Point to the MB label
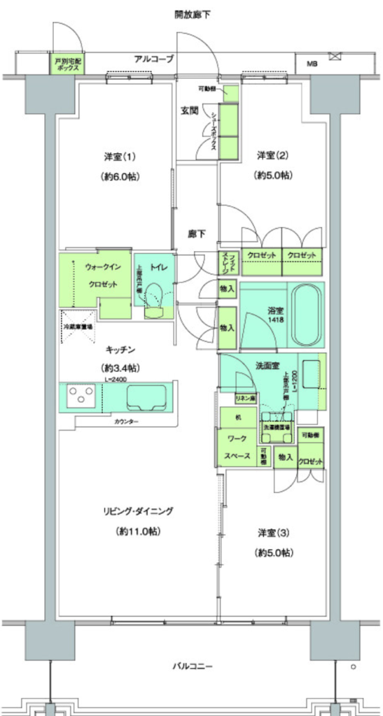310,64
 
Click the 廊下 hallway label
196,234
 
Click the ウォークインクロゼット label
102,275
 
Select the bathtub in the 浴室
305,314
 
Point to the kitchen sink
145,397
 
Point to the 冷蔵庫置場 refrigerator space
76,326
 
